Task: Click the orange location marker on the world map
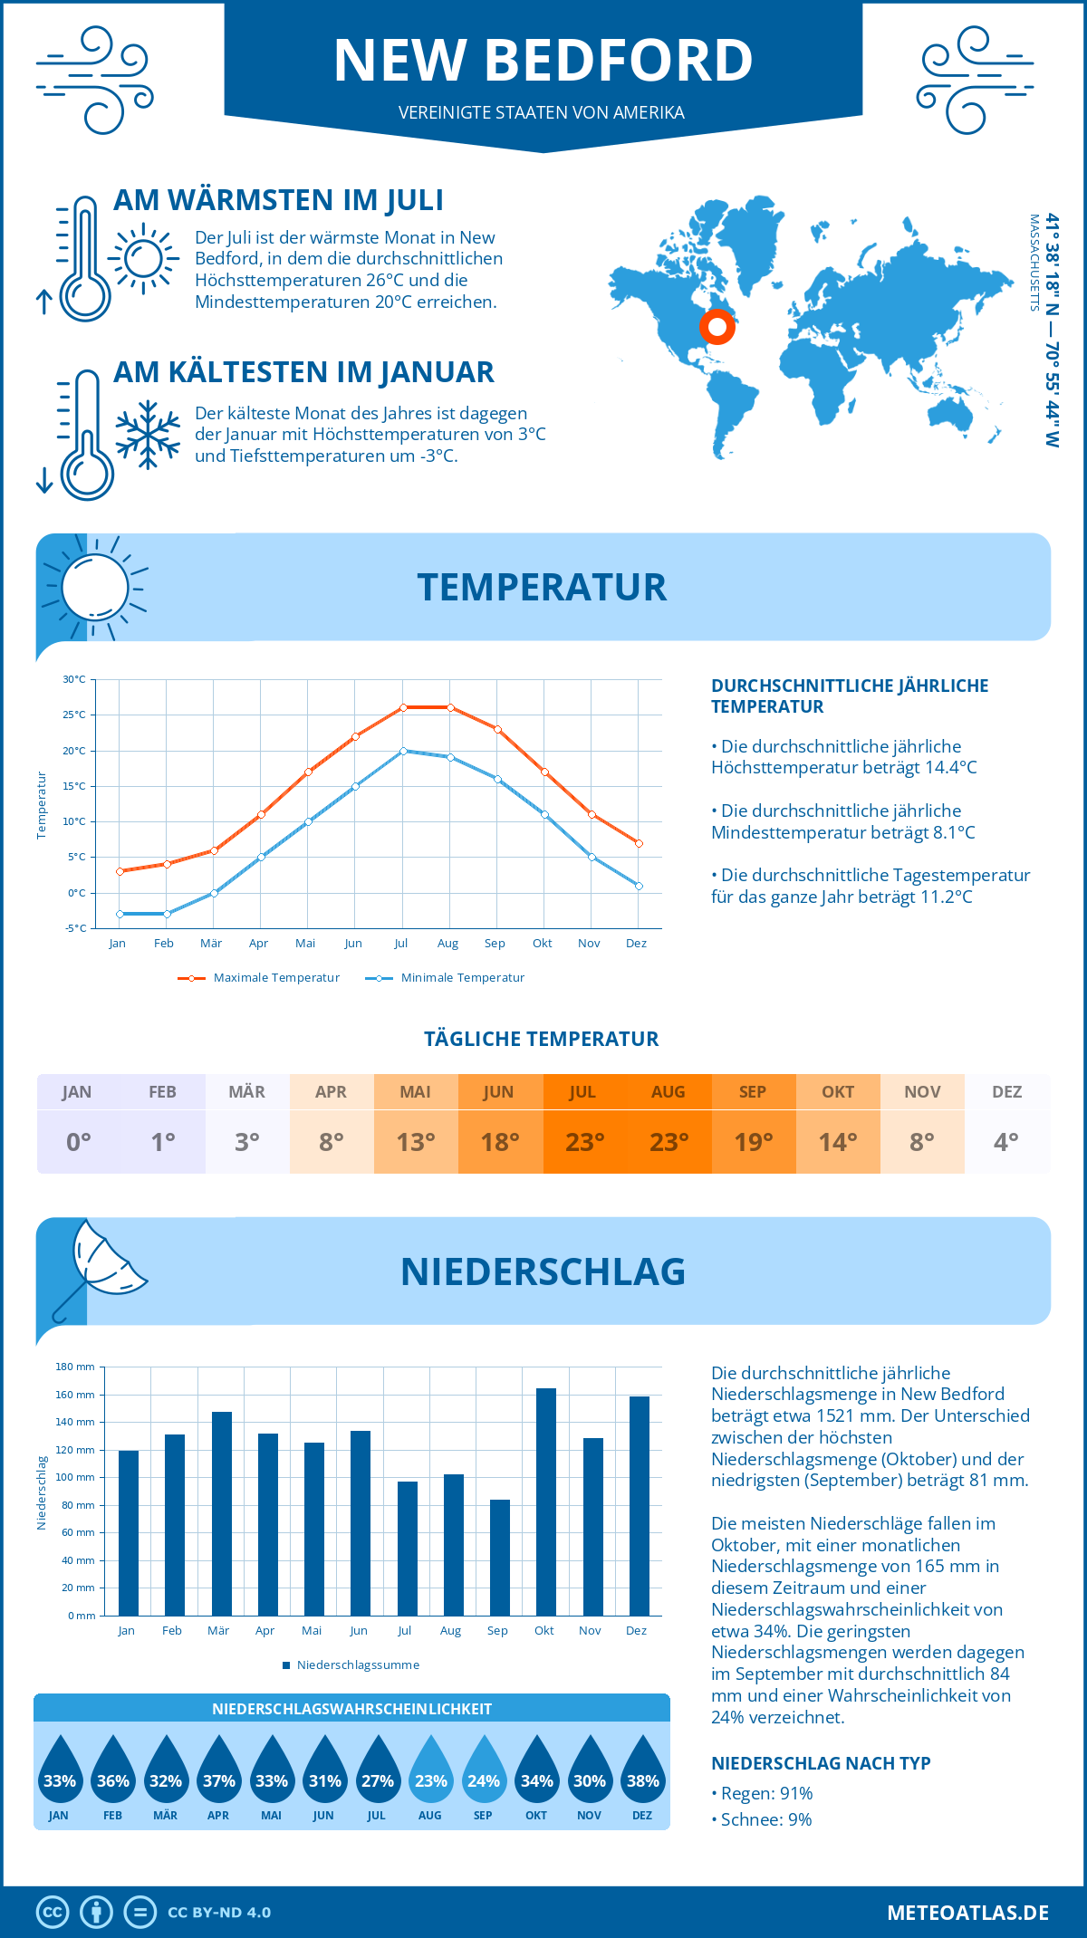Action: click(717, 327)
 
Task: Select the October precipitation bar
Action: click(545, 1501)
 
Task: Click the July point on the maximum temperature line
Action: click(403, 707)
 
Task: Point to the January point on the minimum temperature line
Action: click(120, 914)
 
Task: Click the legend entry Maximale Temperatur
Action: click(260, 978)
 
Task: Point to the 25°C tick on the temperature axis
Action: click(75, 715)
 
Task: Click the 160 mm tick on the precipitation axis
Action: click(76, 1395)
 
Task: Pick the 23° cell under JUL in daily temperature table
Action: click(584, 1142)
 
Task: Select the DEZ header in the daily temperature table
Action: click(1006, 1092)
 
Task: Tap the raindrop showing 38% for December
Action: click(642, 1773)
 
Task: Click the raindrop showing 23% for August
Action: click(430, 1773)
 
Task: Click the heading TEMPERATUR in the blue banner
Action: click(542, 587)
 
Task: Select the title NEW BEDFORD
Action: click(543, 61)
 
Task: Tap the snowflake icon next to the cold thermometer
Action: click(148, 435)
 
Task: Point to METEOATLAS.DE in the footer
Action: click(967, 1913)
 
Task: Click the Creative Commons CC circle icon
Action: click(53, 1913)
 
